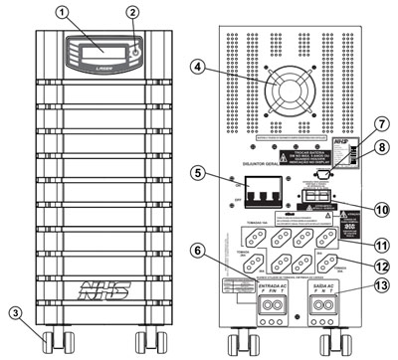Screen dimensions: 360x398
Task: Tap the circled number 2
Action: click(132, 14)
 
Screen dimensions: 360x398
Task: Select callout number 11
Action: click(379, 244)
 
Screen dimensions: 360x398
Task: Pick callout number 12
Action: click(379, 266)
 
